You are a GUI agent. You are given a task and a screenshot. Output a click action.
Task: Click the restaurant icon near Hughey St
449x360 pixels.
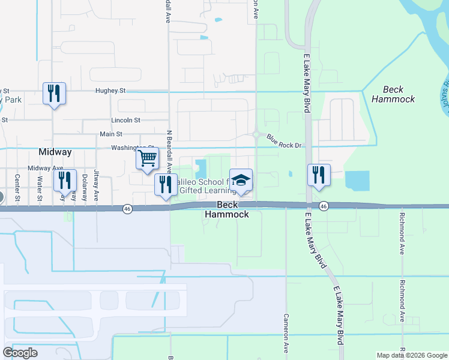pos(54,94)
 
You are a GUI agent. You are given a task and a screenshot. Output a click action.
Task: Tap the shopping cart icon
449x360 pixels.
pos(147,159)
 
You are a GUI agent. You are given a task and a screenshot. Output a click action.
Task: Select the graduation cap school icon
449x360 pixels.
pos(241,181)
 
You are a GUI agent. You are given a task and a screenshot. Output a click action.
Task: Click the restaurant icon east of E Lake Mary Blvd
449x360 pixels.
pos(319,175)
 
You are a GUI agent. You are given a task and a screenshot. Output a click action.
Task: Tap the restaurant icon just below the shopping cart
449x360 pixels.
pos(165,185)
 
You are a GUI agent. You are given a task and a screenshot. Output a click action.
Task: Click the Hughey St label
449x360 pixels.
pos(110,91)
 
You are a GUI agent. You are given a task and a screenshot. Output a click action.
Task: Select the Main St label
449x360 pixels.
pos(110,134)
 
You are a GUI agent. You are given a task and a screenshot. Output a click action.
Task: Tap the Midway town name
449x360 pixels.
pos(55,152)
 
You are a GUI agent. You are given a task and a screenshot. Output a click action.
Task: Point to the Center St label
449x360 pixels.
pos(17,187)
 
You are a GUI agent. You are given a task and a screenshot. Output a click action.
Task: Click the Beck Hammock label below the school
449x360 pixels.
pos(227,209)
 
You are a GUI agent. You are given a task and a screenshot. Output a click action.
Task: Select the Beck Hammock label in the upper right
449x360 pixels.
pos(393,94)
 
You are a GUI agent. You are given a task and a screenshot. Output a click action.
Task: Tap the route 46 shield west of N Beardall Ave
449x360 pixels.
pos(127,209)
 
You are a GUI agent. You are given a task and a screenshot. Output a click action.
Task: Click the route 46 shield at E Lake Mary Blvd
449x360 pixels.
pos(324,206)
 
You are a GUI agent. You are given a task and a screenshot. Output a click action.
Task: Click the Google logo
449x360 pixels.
pos(20,353)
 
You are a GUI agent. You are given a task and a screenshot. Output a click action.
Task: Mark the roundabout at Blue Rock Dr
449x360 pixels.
pos(257,134)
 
